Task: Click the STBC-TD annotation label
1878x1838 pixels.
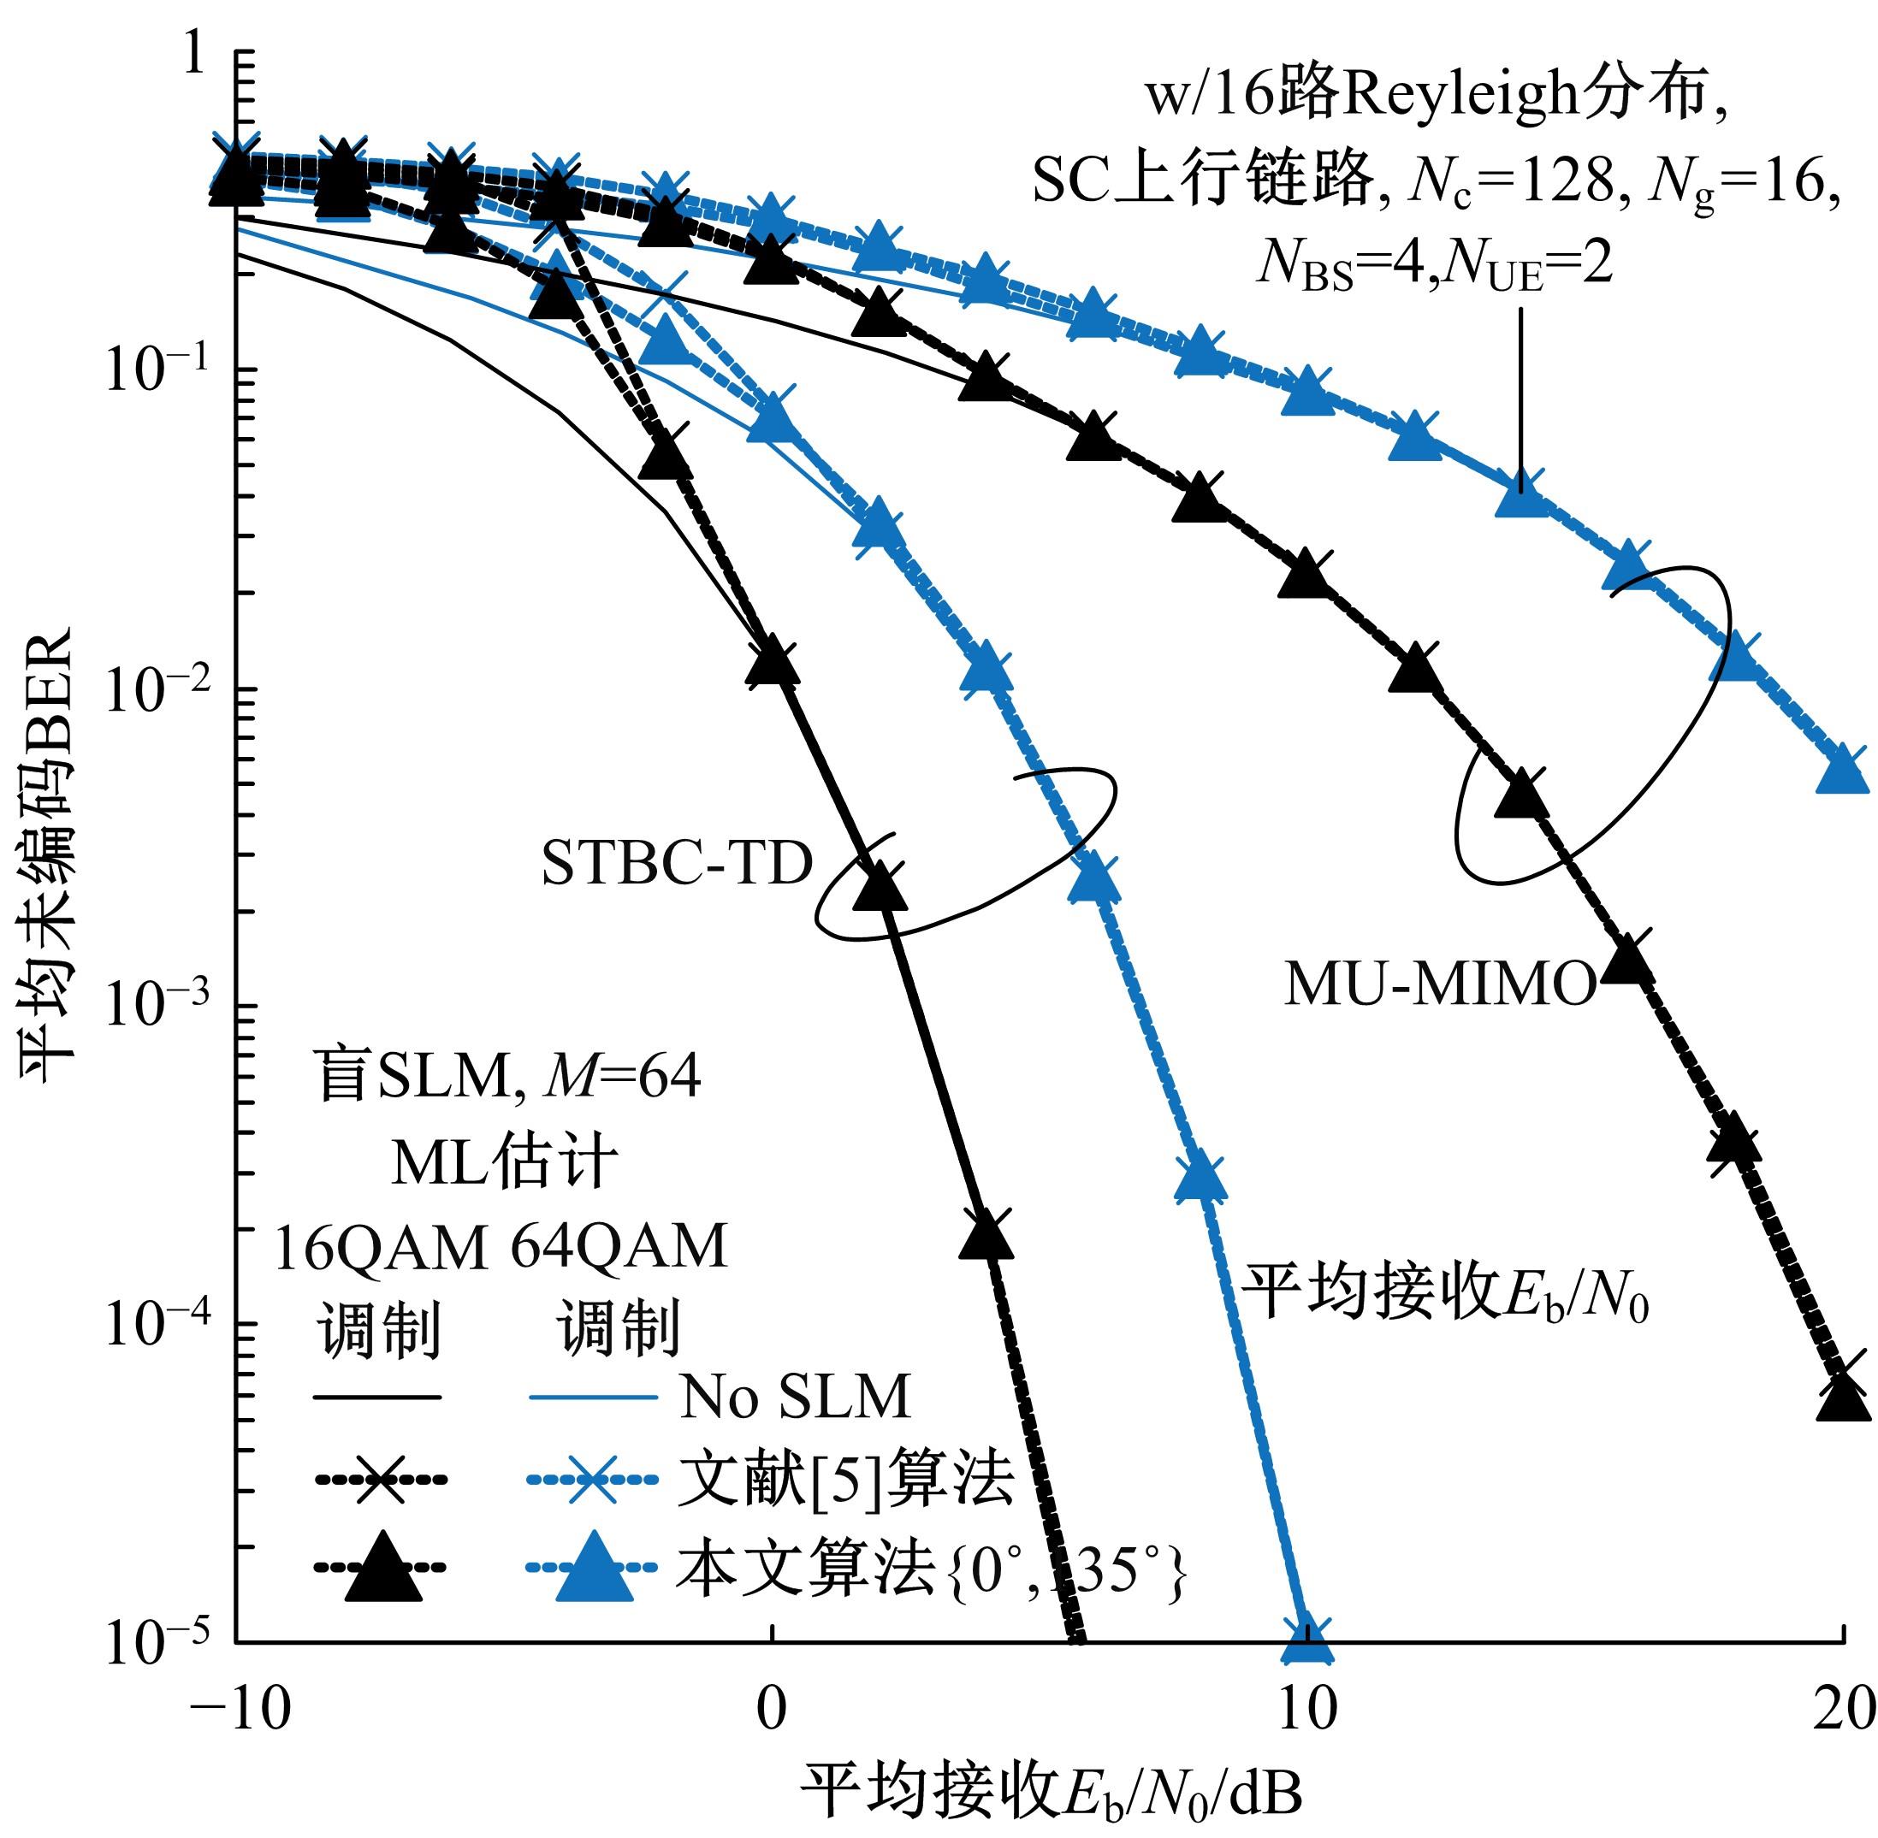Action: click(676, 864)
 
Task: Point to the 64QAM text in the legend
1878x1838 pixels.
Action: click(618, 1246)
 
